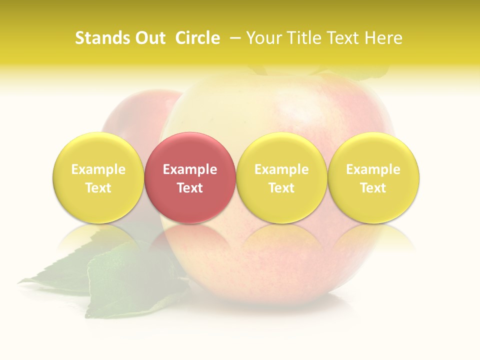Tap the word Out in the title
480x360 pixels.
pos(149,38)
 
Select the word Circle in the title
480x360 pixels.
pos(197,38)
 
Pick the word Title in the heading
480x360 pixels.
pos(304,38)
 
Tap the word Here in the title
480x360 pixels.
pos(383,38)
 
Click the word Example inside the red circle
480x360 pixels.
pos(190,169)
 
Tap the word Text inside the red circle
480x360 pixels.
pos(190,188)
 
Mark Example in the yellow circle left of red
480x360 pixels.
pos(98,169)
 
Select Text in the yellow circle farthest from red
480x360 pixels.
pos(373,188)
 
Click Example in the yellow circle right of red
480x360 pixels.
pos(281,169)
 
